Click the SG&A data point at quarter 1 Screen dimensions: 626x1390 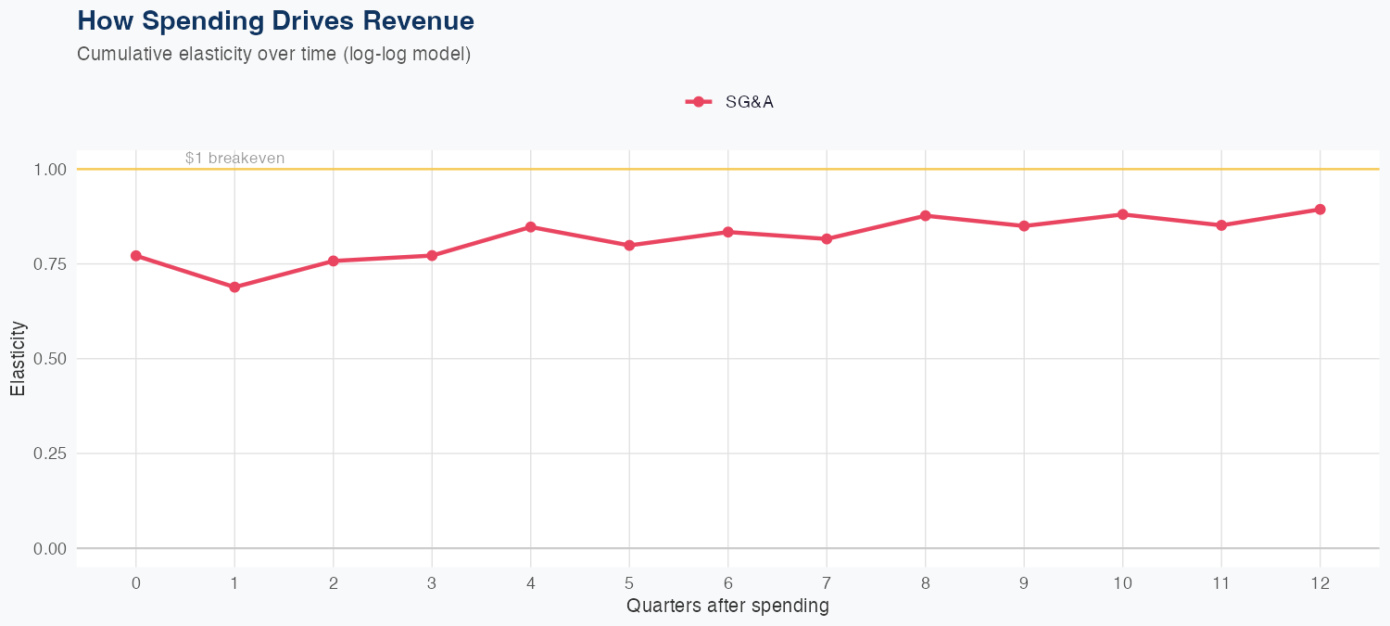pos(234,287)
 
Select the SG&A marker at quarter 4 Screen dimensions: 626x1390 pos(531,227)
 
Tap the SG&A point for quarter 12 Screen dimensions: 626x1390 pos(1320,210)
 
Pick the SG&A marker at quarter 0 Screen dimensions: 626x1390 pos(136,256)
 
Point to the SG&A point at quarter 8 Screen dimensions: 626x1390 pos(925,216)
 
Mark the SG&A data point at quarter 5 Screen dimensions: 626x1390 pos(629,246)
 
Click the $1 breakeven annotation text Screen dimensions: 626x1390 pos(234,159)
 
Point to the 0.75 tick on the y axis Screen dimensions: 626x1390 pos(50,264)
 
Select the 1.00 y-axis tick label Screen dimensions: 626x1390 pos(50,170)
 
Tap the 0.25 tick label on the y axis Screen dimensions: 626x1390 pos(50,454)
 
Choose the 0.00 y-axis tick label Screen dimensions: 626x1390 pos(50,549)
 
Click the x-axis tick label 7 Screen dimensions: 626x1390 pos(827,583)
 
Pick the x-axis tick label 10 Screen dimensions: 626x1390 pos(1122,583)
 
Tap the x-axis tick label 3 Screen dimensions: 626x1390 pos(432,583)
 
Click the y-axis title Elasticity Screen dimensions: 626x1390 pos(18,359)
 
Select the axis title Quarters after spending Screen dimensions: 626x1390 pos(727,607)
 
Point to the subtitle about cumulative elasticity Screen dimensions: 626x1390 pos(274,54)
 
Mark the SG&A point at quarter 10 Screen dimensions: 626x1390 pos(1122,214)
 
